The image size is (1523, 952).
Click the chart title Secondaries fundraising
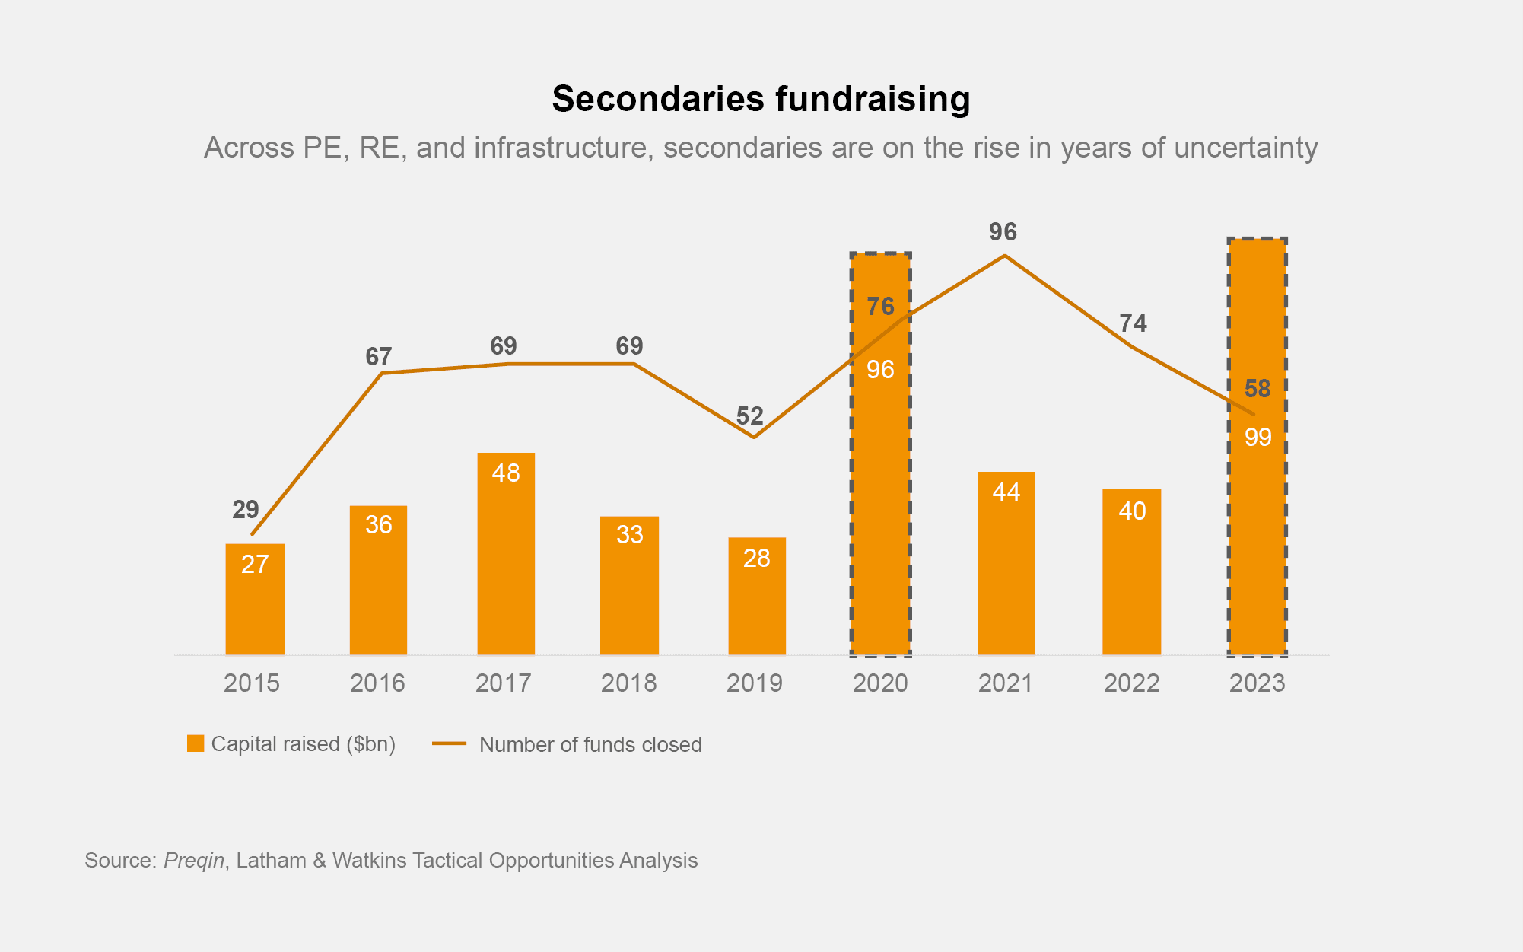[761, 99]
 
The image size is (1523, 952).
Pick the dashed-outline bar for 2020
[880, 495]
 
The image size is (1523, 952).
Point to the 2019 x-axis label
[754, 683]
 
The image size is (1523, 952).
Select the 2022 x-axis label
[1131, 683]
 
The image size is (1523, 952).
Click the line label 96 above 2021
[1003, 232]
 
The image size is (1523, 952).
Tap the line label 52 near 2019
[749, 416]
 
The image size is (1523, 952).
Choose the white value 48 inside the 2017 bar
[506, 473]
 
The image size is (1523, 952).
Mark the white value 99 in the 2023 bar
[1258, 437]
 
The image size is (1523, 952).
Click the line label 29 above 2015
[246, 509]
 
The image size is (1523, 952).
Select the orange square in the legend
[196, 743]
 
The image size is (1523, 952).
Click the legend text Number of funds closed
[590, 744]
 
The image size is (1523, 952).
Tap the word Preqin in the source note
[194, 860]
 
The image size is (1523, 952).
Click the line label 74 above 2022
[1133, 323]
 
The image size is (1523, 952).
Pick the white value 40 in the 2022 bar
[1132, 511]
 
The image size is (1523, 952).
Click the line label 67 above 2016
[378, 356]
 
